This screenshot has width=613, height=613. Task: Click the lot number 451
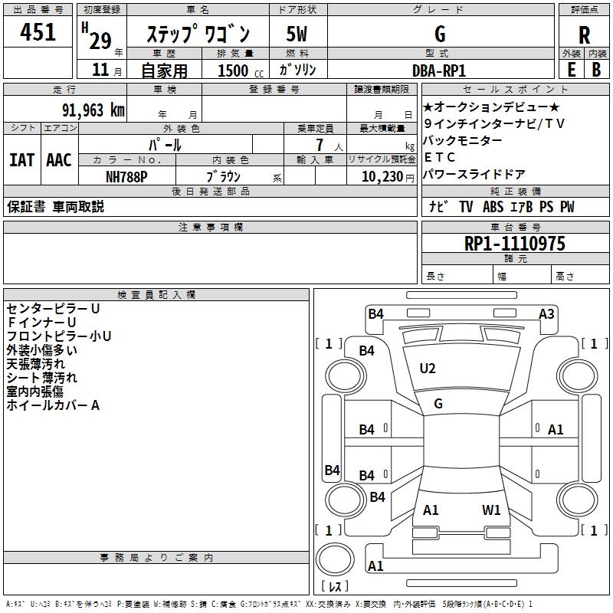click(38, 33)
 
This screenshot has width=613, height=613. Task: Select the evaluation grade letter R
click(584, 34)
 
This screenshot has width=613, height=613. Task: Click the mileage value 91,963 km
click(90, 110)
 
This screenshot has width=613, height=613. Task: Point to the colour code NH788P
click(126, 175)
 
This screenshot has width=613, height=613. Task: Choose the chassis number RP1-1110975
click(515, 244)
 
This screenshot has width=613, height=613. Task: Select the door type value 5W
click(297, 34)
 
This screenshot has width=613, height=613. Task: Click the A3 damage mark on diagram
click(546, 313)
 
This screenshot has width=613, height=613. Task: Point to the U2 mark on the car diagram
click(428, 369)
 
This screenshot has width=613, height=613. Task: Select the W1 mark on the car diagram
click(491, 510)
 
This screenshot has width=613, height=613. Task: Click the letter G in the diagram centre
click(438, 403)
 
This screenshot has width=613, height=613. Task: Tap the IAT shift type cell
click(21, 160)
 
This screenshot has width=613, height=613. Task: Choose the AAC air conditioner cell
click(58, 160)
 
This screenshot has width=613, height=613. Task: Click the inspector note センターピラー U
click(53, 308)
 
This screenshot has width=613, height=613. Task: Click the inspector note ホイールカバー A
click(53, 405)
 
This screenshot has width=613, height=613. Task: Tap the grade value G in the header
click(440, 34)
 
